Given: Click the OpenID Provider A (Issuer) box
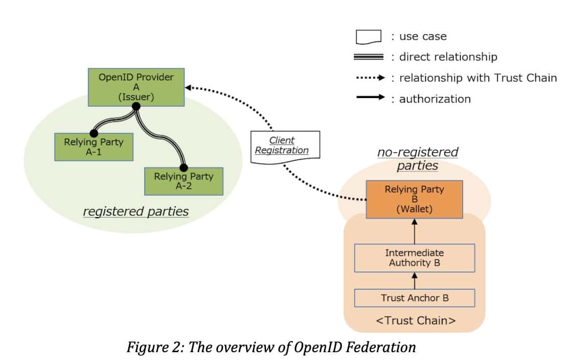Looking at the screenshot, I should pyautogui.click(x=136, y=87).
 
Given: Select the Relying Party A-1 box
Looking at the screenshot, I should pyautogui.click(x=93, y=146).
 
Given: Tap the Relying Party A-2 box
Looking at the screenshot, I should pyautogui.click(x=184, y=181).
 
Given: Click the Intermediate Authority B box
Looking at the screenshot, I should pyautogui.click(x=414, y=258).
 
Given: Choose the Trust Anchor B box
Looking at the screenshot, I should pyautogui.click(x=414, y=298).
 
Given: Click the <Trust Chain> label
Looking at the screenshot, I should pyautogui.click(x=414, y=320).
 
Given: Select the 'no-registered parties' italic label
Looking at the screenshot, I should pyautogui.click(x=417, y=159).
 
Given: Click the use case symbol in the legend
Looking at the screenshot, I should pyautogui.click(x=368, y=37).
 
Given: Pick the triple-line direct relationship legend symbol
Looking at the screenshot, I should pyautogui.click(x=368, y=57).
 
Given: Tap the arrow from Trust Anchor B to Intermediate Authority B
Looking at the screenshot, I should pyautogui.click(x=414, y=280).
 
